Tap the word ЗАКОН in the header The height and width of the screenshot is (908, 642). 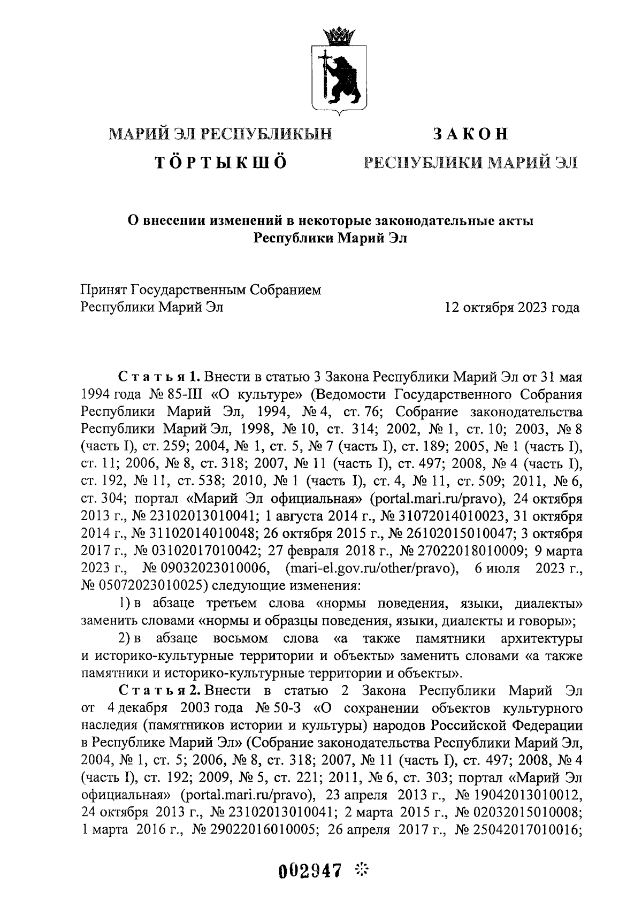470,133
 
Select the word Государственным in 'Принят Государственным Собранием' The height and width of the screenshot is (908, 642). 191,290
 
